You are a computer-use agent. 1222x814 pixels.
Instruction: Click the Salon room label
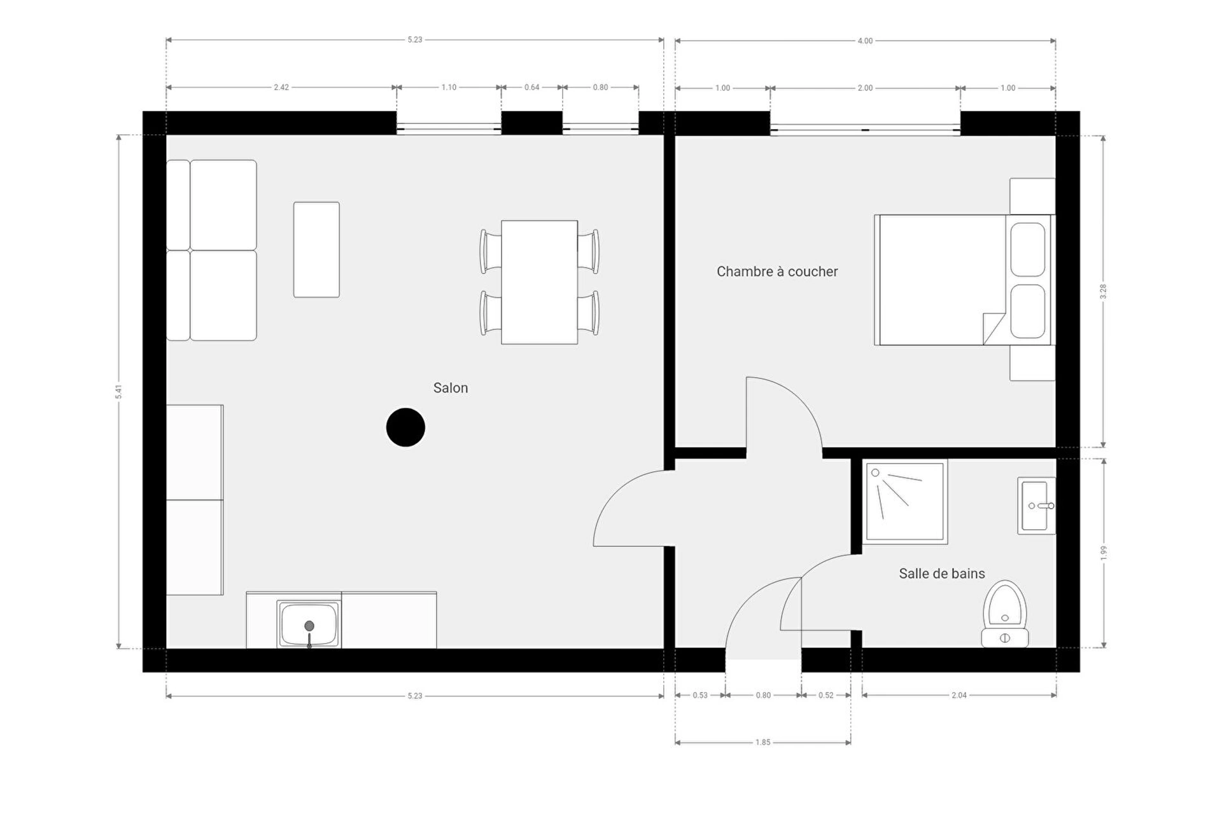click(451, 388)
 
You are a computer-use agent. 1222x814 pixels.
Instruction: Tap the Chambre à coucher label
click(777, 272)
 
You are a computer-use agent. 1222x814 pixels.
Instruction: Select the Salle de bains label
click(942, 574)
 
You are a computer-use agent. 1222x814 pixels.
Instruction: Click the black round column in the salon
click(405, 427)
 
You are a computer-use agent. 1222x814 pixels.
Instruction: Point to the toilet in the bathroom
click(1005, 614)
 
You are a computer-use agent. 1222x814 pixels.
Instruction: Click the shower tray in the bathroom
click(905, 502)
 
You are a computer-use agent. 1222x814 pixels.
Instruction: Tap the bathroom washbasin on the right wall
click(1036, 506)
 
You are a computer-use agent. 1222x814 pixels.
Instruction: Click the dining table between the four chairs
click(539, 282)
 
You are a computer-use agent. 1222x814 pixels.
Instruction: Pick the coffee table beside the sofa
click(316, 250)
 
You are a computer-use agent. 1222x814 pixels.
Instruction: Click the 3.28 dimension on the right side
click(1103, 291)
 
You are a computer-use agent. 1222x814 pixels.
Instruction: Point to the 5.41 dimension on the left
click(118, 392)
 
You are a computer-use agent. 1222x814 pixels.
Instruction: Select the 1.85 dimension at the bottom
click(763, 742)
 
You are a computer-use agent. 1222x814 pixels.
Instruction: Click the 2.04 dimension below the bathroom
click(959, 695)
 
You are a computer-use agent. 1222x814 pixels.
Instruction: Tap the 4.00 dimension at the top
click(865, 41)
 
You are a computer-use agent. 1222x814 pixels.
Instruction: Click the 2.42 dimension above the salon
click(281, 87)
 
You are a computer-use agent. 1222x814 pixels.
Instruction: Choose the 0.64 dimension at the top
click(532, 87)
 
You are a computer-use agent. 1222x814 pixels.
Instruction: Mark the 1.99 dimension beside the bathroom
click(1104, 553)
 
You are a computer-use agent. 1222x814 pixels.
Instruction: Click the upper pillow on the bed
click(1028, 249)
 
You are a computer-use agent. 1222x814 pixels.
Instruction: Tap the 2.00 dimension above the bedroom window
click(865, 88)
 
